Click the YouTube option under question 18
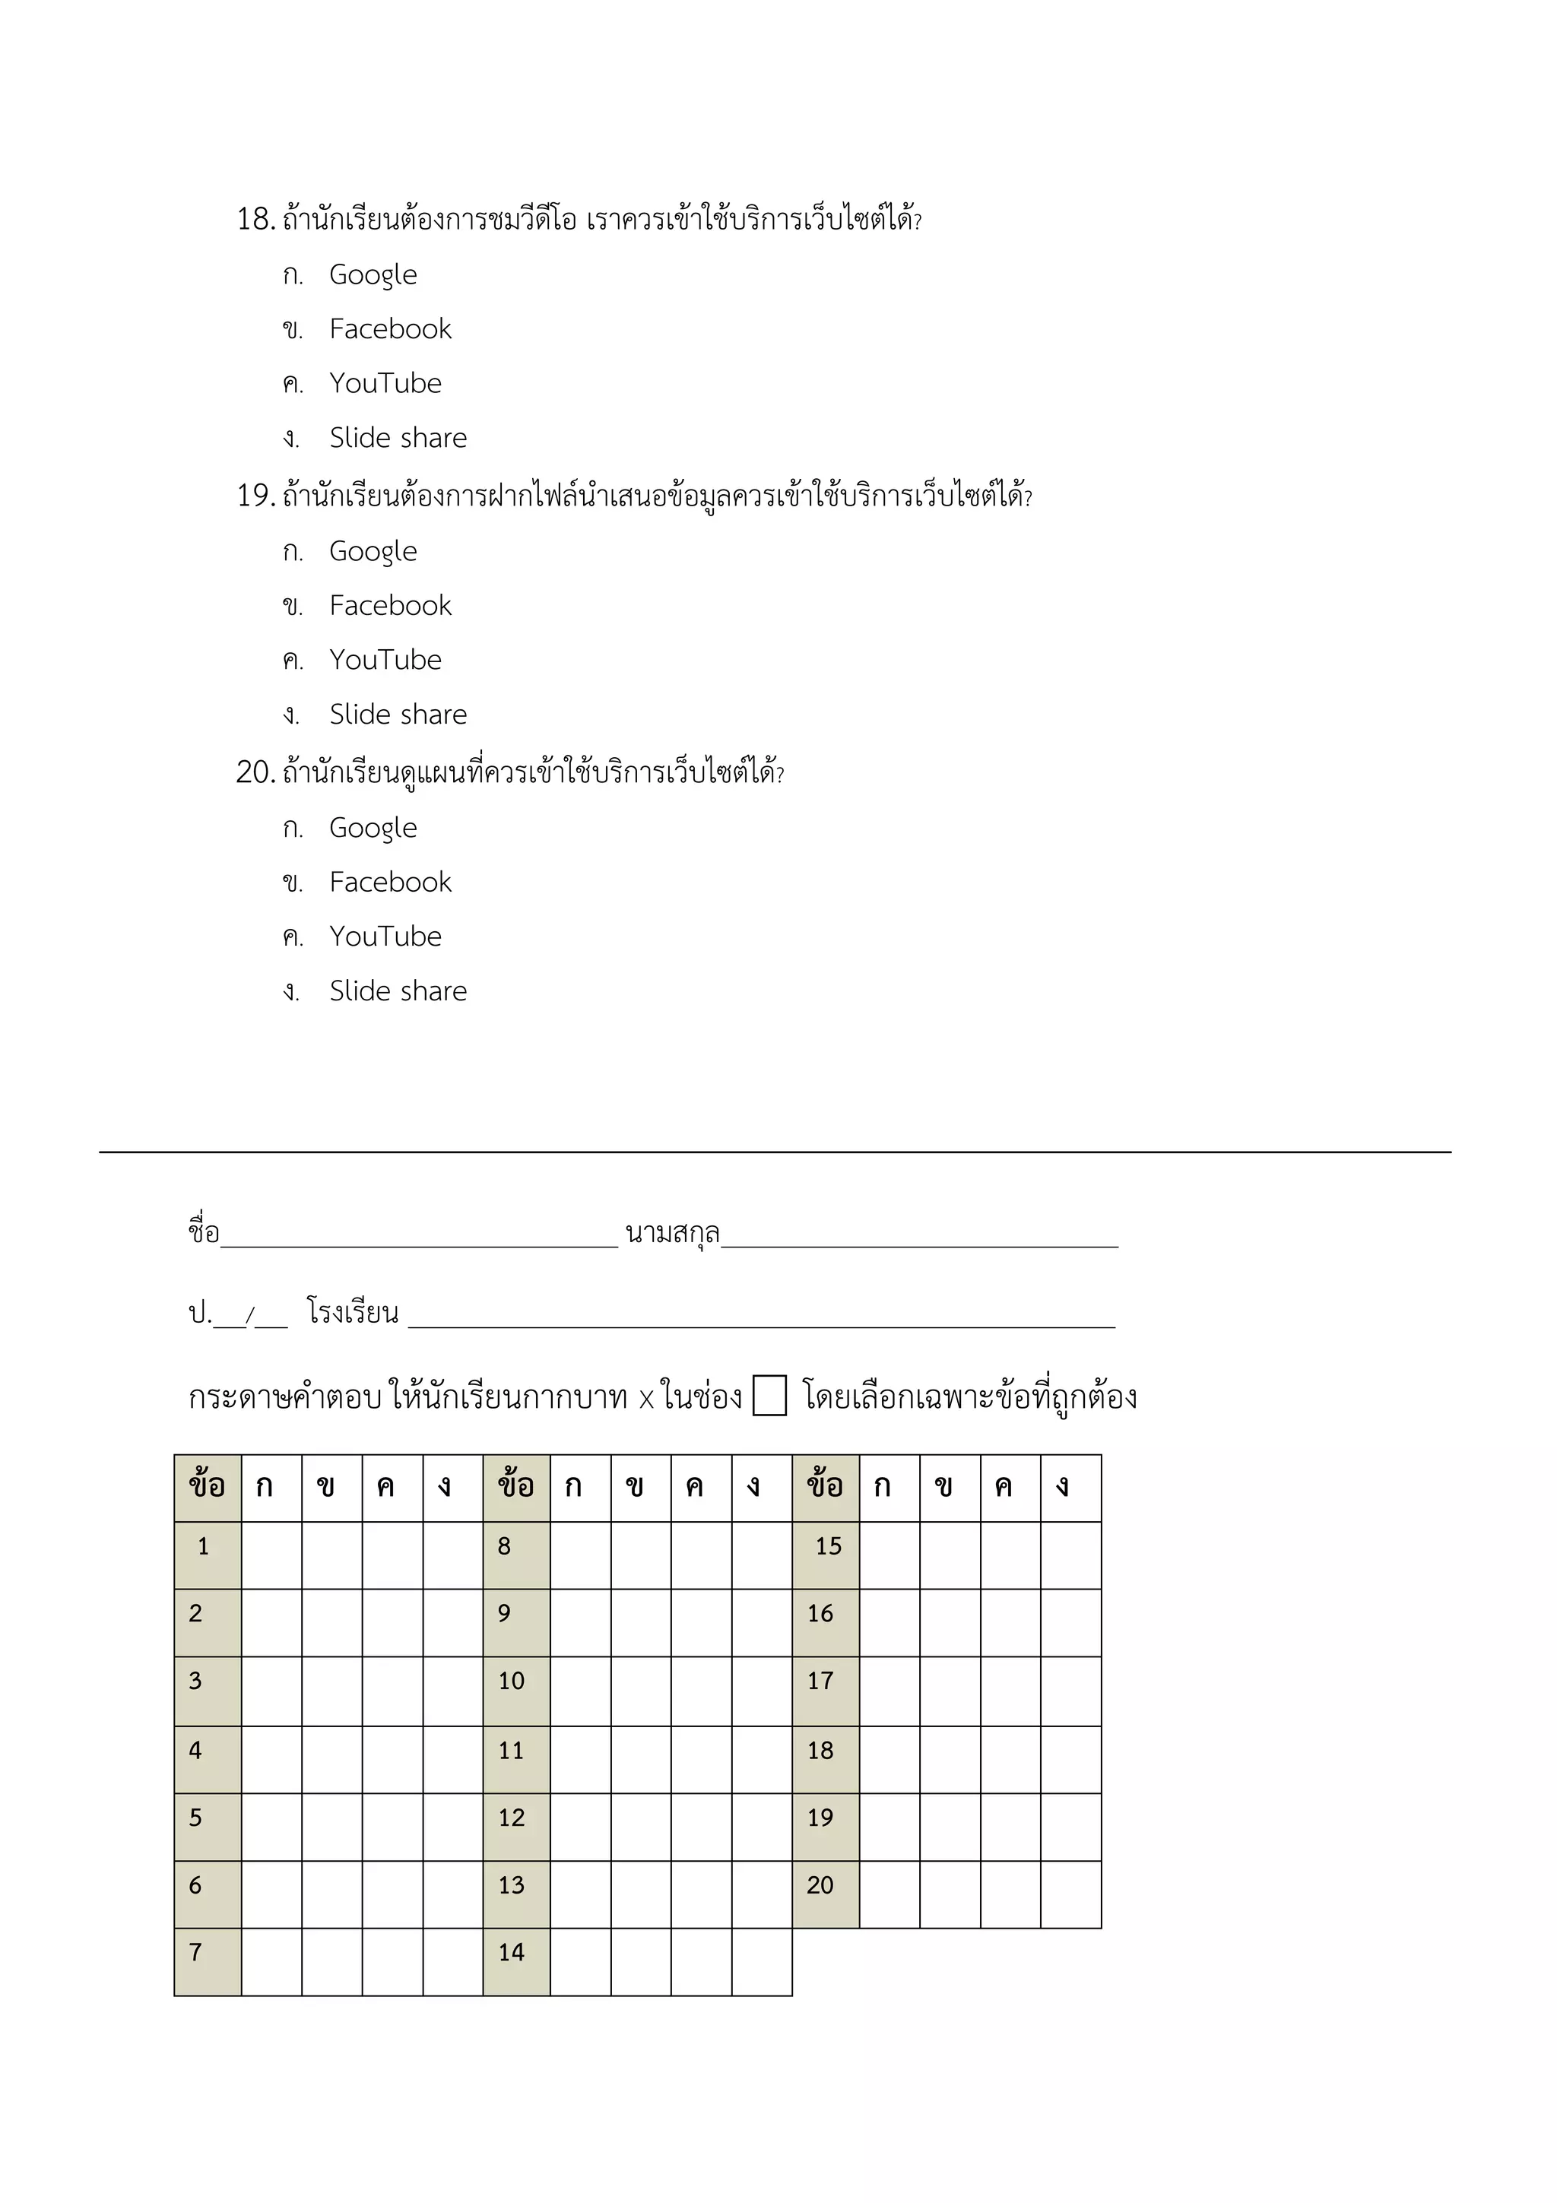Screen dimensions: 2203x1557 click(385, 383)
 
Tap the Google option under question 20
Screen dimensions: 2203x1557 click(373, 828)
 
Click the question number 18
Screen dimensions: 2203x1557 click(255, 220)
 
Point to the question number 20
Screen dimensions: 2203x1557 click(255, 772)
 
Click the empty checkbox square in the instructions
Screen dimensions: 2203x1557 click(769, 1395)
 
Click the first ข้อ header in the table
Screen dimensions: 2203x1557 click(208, 1486)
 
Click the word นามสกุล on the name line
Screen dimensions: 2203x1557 click(673, 1232)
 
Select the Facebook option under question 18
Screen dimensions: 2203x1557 click(389, 329)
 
